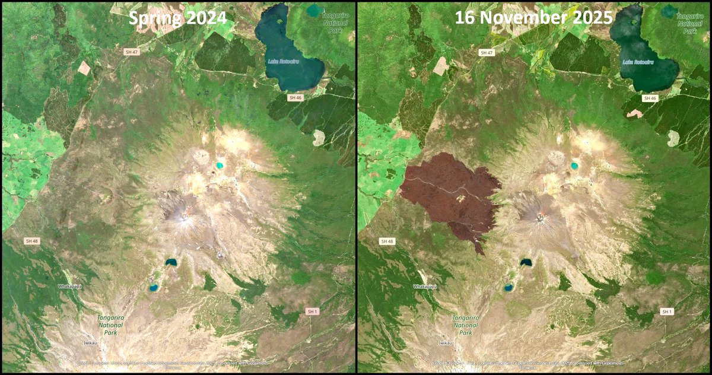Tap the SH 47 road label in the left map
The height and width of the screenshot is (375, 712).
tap(131, 52)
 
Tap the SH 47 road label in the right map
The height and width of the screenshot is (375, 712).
tap(487, 52)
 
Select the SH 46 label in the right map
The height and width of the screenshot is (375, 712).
tap(650, 97)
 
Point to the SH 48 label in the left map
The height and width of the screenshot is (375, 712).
tap(31, 241)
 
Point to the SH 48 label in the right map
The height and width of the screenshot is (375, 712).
tap(387, 241)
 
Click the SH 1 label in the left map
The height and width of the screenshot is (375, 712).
tap(312, 311)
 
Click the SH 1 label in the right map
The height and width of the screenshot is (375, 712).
tap(667, 311)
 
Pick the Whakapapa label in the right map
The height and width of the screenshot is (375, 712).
tap(425, 286)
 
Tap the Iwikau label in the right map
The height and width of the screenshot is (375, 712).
tap(445, 343)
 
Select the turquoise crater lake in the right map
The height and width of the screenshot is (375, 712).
tap(574, 166)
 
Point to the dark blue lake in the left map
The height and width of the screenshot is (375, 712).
tap(171, 262)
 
